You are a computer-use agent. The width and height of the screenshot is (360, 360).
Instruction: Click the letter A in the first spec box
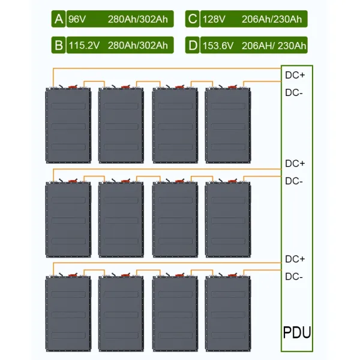click(59, 20)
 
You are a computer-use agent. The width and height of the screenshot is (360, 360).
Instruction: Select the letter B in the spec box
click(59, 45)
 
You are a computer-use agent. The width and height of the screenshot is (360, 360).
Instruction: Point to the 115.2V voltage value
click(83, 45)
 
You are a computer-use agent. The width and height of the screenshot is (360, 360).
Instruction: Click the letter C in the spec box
click(192, 20)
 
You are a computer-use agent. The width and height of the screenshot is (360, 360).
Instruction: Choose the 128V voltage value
click(212, 20)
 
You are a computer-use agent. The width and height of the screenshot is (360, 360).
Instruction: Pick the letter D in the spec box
click(192, 45)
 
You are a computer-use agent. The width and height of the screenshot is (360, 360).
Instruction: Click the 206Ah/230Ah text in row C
click(271, 20)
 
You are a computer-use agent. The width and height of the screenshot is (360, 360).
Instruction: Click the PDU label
click(297, 332)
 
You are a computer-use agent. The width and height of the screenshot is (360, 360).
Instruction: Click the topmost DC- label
click(294, 93)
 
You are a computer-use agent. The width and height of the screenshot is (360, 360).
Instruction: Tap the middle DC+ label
click(295, 163)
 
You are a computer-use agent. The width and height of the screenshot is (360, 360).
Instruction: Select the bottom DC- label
click(294, 277)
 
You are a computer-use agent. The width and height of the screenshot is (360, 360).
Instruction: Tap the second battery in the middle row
click(121, 220)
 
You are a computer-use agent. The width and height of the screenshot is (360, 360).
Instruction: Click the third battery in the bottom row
click(175, 314)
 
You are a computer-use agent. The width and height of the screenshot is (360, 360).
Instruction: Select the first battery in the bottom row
click(68, 314)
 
